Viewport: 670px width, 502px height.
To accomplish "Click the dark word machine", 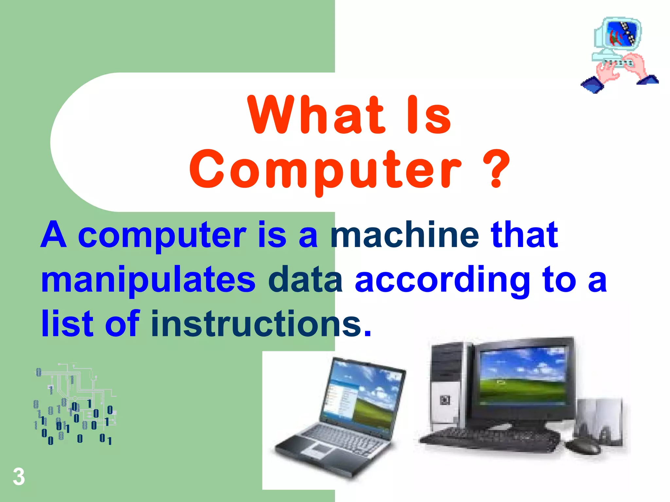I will (x=405, y=235).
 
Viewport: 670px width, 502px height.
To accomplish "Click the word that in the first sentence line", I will (x=524, y=235).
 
